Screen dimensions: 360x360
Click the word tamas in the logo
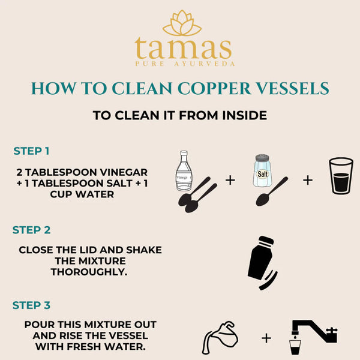coord(183,48)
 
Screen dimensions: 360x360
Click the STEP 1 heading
coord(31,151)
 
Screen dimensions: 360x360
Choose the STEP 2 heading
coord(31,230)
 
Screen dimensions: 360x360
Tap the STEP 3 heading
coord(31,305)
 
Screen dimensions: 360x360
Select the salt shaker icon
coord(262,170)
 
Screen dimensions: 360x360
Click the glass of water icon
coord(341,175)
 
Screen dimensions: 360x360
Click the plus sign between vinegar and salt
coord(230,180)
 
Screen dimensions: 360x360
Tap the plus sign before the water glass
coord(307,180)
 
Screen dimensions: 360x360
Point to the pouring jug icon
coord(218,338)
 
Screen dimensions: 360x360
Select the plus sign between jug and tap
coord(266,338)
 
